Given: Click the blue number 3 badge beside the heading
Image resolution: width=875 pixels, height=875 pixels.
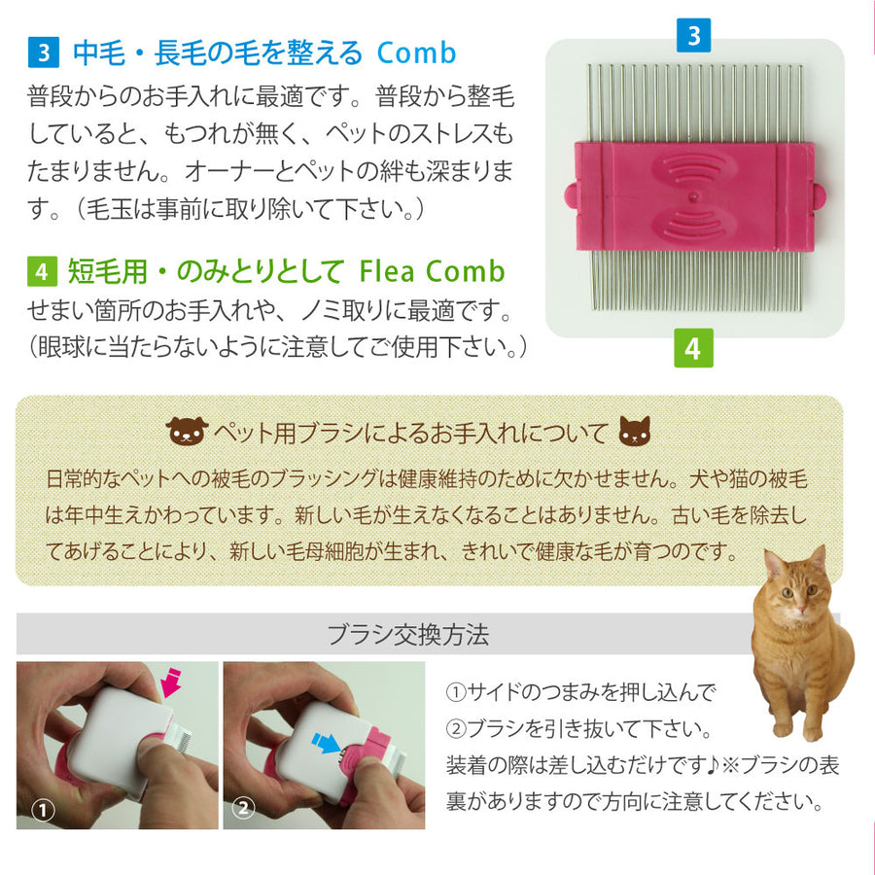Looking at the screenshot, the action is (44, 52).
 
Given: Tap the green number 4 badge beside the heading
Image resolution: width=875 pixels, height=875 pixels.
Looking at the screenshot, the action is (42, 271).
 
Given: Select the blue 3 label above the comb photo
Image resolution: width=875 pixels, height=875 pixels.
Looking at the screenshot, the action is (693, 35).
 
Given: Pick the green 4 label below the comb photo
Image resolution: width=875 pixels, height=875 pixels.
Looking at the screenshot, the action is (693, 348).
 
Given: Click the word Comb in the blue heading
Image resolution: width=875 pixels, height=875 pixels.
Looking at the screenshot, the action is (416, 53).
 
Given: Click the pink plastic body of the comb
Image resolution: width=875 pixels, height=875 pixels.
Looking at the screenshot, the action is (693, 196).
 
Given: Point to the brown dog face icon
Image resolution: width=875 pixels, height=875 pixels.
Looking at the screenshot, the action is (187, 431).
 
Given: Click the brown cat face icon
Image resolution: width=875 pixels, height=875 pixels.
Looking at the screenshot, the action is (635, 431).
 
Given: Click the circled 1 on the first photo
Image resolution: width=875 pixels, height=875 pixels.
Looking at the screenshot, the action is (43, 810).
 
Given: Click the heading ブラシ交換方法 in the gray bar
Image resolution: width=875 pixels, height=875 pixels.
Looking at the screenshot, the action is (408, 635).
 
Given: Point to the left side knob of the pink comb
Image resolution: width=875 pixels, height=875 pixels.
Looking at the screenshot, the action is (571, 195).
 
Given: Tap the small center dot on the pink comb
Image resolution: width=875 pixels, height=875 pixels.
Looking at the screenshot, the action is (693, 196).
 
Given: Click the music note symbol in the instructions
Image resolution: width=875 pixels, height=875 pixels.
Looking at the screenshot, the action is (712, 766).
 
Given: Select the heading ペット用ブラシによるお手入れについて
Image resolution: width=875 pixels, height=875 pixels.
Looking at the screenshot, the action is (411, 432).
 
